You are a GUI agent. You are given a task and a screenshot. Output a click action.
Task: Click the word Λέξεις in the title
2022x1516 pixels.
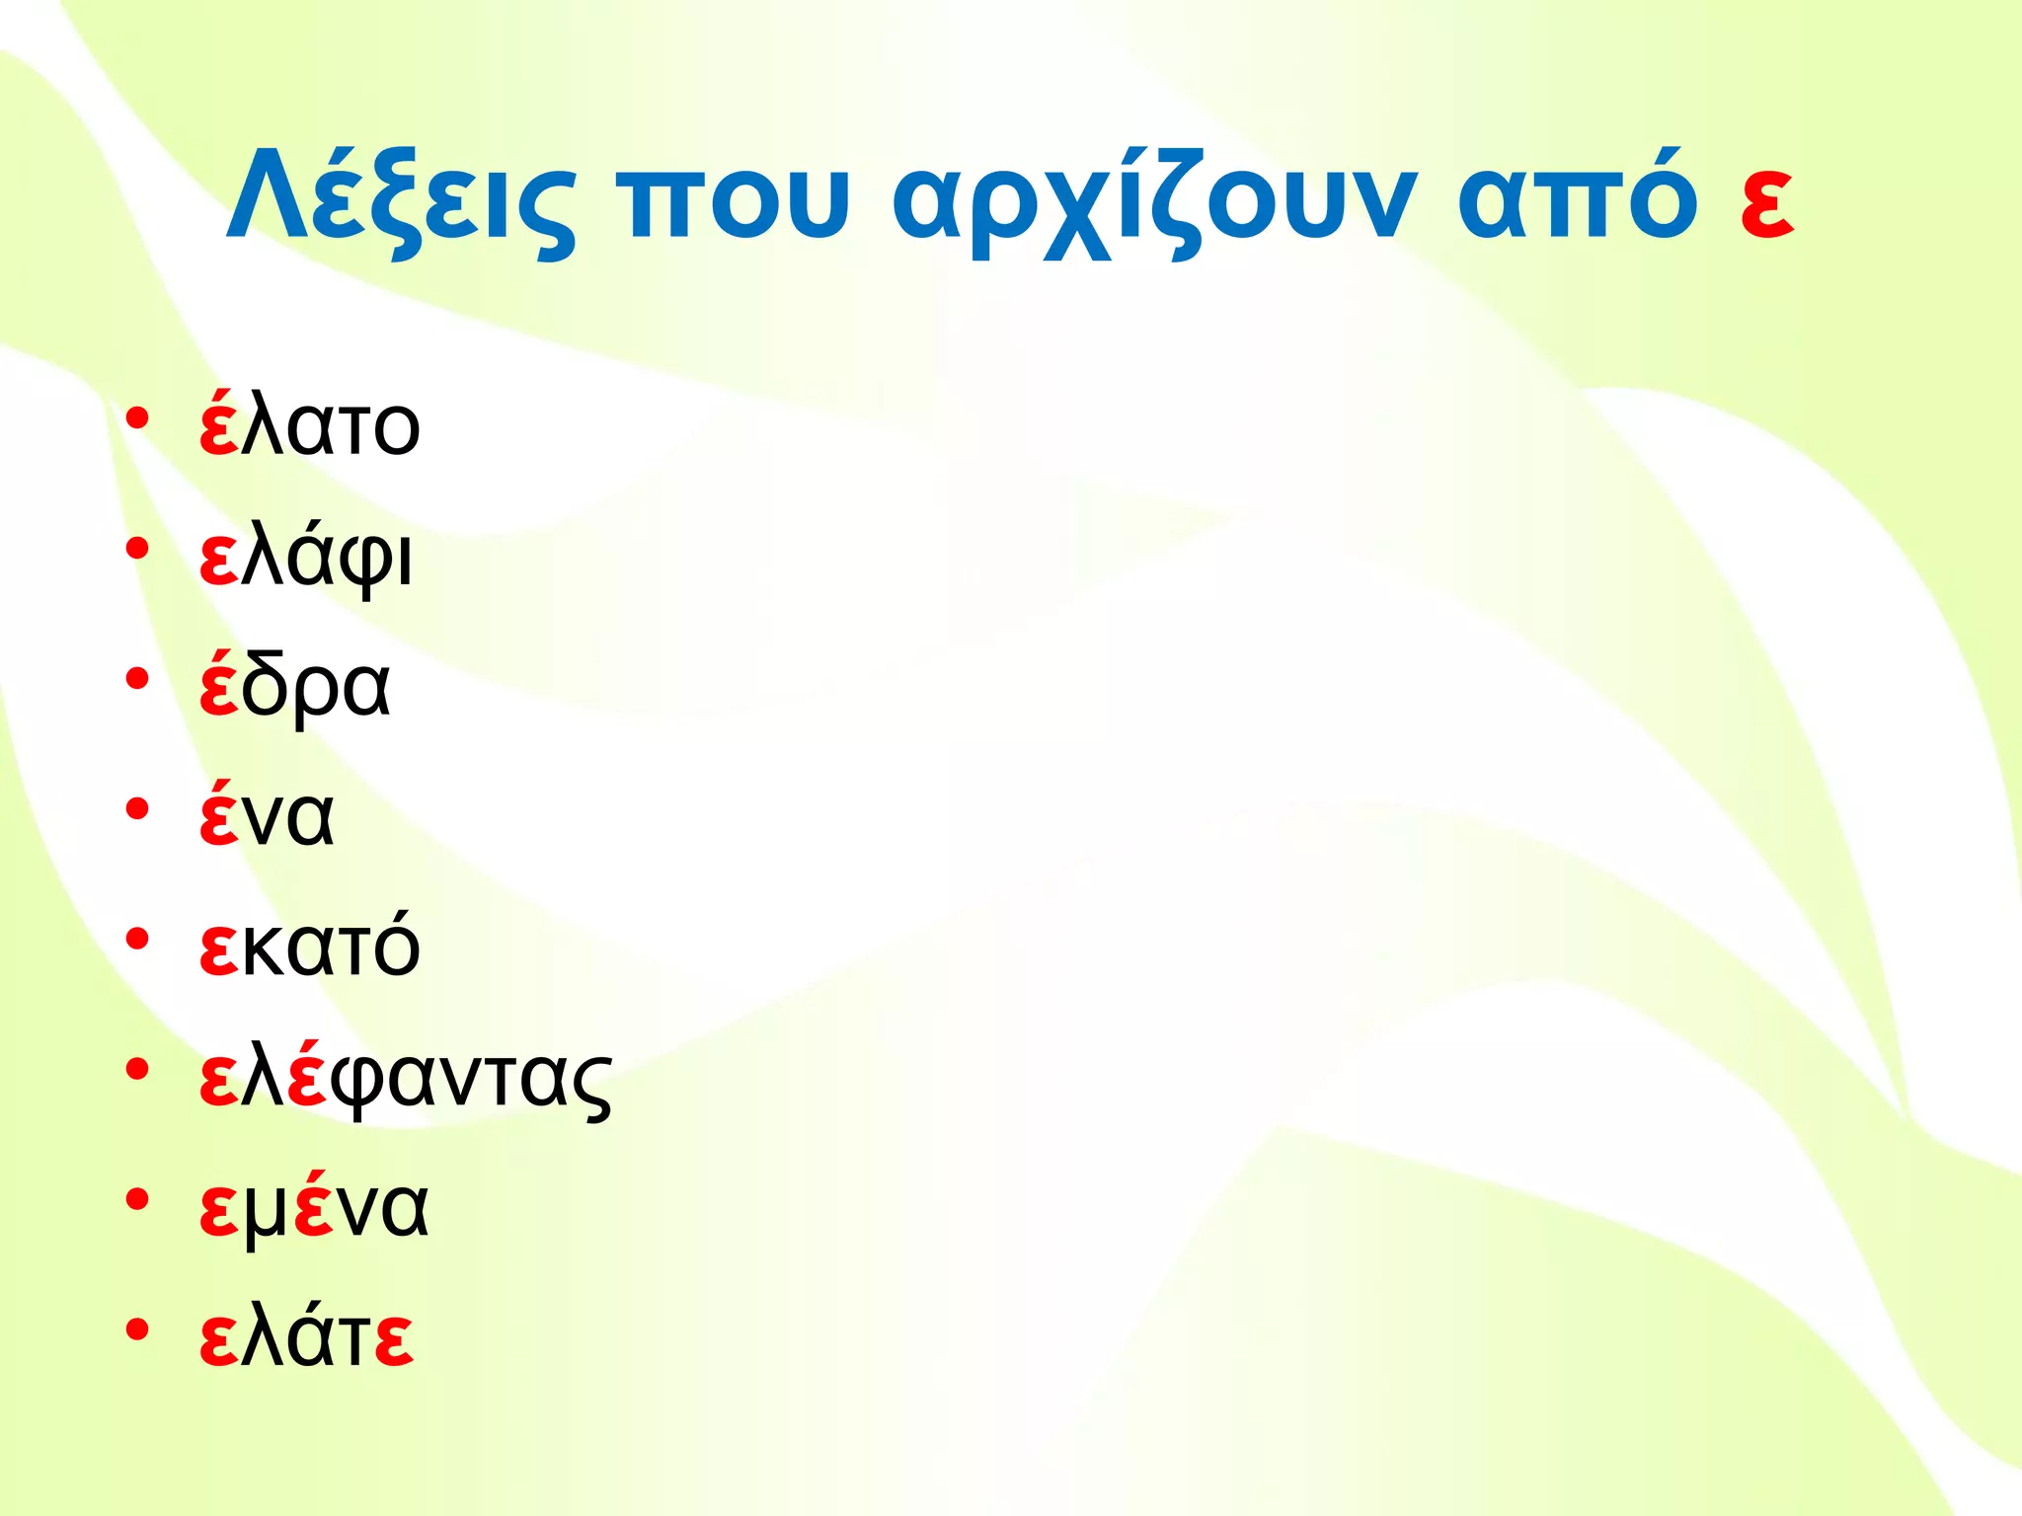[400, 197]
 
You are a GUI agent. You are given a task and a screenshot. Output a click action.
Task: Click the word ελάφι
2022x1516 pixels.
[306, 558]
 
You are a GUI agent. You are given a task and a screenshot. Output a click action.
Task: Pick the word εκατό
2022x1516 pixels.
[309, 945]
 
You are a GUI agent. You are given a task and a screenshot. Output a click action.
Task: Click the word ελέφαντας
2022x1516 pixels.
[405, 1078]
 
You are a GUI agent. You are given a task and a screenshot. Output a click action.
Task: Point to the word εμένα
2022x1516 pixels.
[314, 1206]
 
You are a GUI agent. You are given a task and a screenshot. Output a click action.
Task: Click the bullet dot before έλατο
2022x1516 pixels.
[137, 418]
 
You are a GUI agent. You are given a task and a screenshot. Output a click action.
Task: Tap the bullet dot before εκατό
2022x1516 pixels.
[137, 939]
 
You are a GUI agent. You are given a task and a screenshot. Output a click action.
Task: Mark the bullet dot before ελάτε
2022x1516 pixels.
[137, 1328]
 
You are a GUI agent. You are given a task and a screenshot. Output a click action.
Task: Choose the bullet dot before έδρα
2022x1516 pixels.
[137, 679]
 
